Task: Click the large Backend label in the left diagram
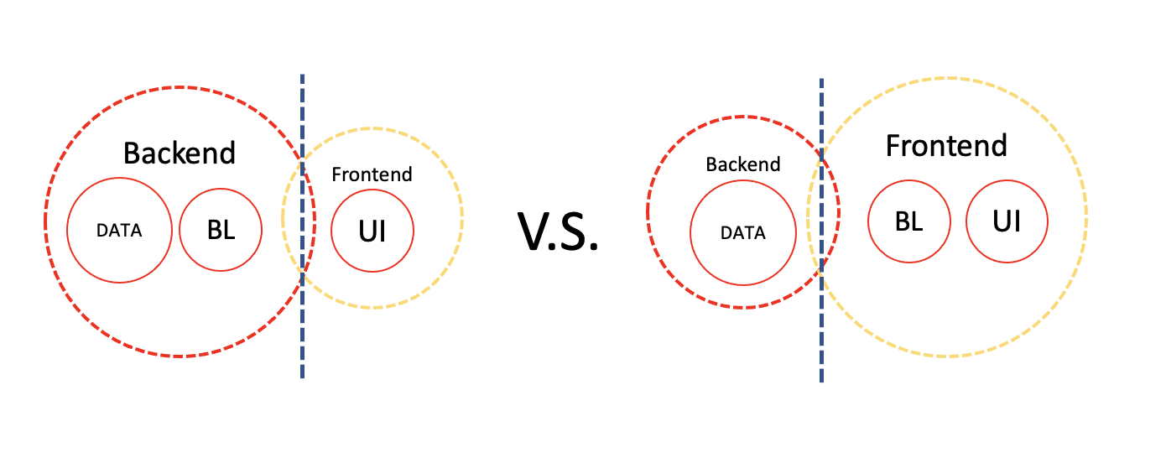point(180,153)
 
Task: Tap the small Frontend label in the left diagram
point(372,174)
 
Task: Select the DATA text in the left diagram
point(119,231)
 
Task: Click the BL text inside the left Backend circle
point(221,230)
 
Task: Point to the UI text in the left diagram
point(372,231)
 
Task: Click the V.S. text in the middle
point(558,232)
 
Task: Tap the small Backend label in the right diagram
point(742,164)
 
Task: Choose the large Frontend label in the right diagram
point(946,146)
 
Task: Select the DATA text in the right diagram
point(742,233)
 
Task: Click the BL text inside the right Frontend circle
point(908,222)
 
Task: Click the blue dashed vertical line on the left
point(302,336)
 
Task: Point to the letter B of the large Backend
point(132,153)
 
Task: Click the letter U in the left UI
point(366,231)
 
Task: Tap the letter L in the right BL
point(917,222)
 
